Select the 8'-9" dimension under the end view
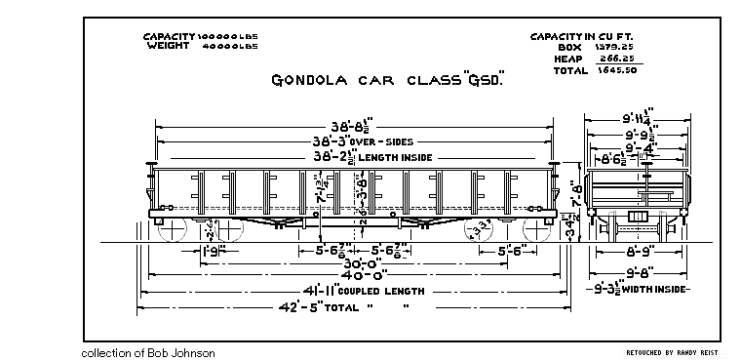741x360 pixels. click(640, 251)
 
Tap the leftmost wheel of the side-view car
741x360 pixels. click(173, 230)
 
